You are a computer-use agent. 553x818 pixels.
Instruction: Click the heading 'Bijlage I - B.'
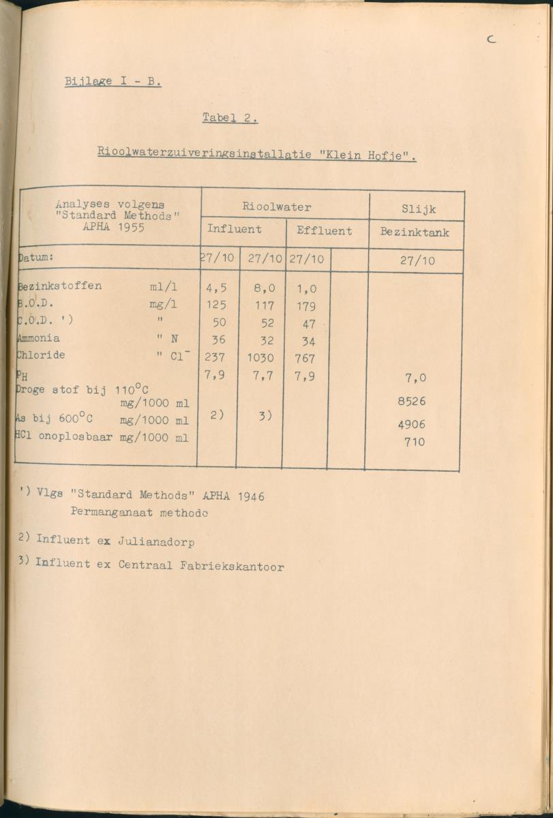[x=113, y=82]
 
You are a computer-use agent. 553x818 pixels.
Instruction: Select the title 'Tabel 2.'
[x=229, y=118]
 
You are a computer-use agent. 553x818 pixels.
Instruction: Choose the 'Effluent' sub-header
[x=324, y=231]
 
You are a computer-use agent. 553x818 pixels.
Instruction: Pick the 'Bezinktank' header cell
[x=415, y=232]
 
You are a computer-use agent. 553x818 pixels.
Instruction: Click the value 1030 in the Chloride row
[x=260, y=358]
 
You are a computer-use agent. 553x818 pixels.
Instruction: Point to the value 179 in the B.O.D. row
[x=305, y=307]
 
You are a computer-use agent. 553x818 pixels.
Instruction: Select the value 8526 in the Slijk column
[x=411, y=402]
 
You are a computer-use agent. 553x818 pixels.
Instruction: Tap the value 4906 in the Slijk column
[x=411, y=425]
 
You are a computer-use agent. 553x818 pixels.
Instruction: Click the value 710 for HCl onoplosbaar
[x=414, y=442]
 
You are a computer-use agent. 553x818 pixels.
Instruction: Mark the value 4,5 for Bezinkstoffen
[x=216, y=288]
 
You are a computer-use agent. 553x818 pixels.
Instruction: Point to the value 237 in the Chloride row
[x=215, y=358]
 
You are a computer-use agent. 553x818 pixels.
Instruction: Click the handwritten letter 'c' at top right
[x=491, y=40]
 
